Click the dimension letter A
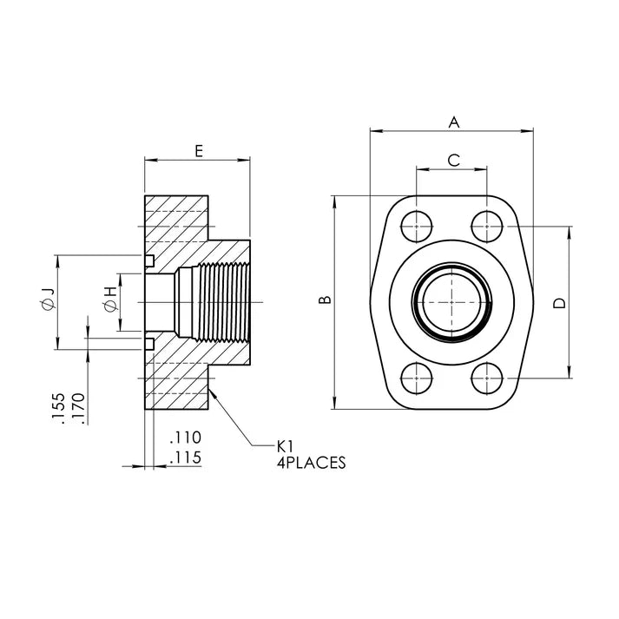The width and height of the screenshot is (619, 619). pyautogui.click(x=452, y=122)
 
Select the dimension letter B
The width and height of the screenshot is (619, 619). pyautogui.click(x=325, y=301)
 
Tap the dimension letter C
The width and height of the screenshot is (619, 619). pyautogui.click(x=452, y=160)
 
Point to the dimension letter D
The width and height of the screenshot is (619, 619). pyautogui.click(x=560, y=303)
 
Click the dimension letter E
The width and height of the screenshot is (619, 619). pyautogui.click(x=198, y=150)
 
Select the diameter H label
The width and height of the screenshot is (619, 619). pyautogui.click(x=110, y=301)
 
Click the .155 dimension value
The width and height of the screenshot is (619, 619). pyautogui.click(x=57, y=409)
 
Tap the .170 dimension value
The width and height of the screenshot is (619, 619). pyautogui.click(x=78, y=409)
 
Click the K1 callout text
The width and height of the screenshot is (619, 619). pyautogui.click(x=286, y=445)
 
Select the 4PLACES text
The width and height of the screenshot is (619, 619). pyautogui.click(x=310, y=464)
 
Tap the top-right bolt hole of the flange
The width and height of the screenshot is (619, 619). pyautogui.click(x=487, y=227)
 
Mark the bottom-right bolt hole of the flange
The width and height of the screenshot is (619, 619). pyautogui.click(x=487, y=378)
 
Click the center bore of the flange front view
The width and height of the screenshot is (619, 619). pyautogui.click(x=451, y=302)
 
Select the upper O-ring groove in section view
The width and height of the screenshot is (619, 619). pyautogui.click(x=149, y=260)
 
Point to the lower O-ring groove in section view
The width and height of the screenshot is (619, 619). pyautogui.click(x=149, y=344)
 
